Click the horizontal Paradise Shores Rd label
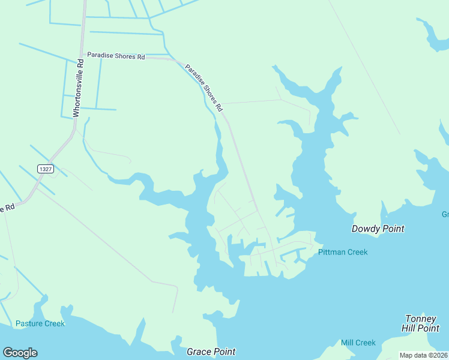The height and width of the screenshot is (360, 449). [x=116, y=56]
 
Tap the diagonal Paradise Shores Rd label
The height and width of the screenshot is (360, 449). [x=203, y=88]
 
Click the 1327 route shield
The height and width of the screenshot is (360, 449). [x=45, y=169]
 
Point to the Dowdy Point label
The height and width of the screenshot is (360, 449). [x=378, y=229]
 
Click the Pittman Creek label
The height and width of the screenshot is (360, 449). [x=343, y=252]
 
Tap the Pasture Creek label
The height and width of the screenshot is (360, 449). [x=40, y=323]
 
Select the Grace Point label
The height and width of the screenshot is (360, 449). [x=211, y=352]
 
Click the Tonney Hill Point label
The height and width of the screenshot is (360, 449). [x=421, y=323]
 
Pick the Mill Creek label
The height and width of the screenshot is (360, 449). [x=358, y=343]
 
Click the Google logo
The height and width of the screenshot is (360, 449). [x=20, y=352]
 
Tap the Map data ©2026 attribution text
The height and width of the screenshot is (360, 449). [x=423, y=355]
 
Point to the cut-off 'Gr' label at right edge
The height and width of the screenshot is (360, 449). [x=445, y=214]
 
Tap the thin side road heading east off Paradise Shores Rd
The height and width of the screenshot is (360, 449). [x=252, y=101]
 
